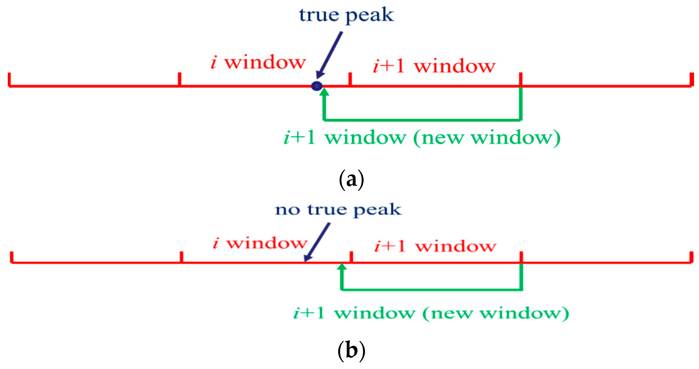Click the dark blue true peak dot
[x=317, y=86]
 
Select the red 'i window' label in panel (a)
[x=258, y=62]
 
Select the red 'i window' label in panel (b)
[x=260, y=243]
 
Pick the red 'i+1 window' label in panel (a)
[x=434, y=66]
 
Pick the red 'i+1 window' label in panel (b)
[x=435, y=246]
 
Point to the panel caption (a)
[x=351, y=180]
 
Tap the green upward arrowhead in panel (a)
[x=324, y=92]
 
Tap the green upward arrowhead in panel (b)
[x=342, y=267]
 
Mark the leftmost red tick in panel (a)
[x=9, y=79]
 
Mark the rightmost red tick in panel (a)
[x=692, y=79]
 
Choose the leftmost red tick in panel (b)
[x=12, y=257]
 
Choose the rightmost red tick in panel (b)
[x=692, y=257]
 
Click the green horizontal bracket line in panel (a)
[x=422, y=120]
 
